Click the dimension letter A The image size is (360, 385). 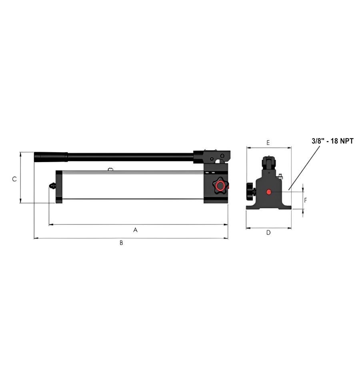tap(135, 230)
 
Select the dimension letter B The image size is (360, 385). tap(121, 243)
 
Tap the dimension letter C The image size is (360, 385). tap(14, 179)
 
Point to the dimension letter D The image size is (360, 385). tap(268, 233)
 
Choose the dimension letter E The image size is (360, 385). tap(268, 142)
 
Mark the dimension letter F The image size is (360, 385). tap(306, 201)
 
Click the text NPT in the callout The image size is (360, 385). tap(347, 141)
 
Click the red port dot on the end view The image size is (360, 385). tap(269, 192)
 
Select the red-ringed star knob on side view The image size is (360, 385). tap(220, 186)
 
